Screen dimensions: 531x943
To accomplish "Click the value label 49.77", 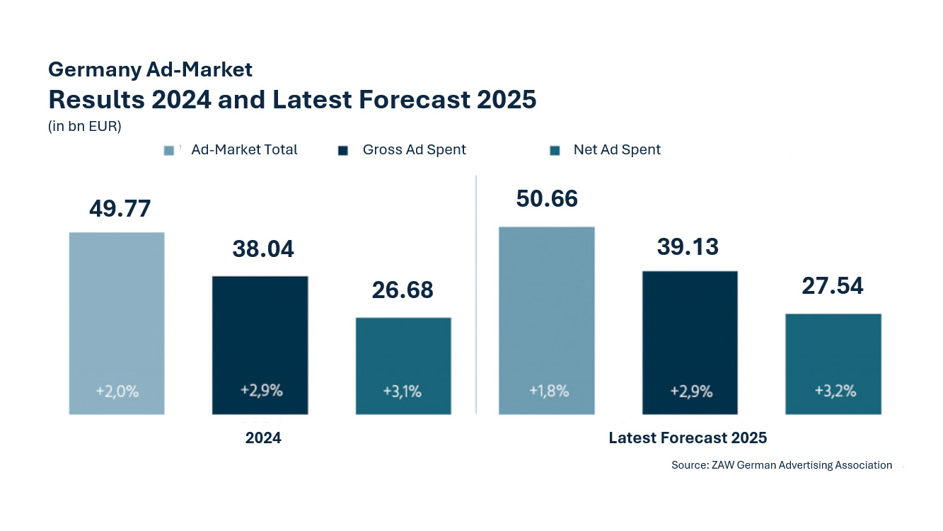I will tap(120, 209).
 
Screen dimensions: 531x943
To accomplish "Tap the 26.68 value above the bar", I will tap(403, 290).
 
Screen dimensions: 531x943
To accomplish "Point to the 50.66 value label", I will tap(547, 199).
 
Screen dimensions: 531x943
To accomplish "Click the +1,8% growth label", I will tap(549, 390).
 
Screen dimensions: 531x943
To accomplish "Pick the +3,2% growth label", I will tap(835, 390).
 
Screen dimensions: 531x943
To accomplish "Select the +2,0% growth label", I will tap(117, 390).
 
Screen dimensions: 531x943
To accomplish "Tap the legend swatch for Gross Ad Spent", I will tap(343, 150).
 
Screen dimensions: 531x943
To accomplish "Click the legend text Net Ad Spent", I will tap(617, 150).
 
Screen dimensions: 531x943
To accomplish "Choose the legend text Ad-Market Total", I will tap(244, 150).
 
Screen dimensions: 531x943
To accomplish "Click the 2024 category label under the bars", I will tap(263, 438).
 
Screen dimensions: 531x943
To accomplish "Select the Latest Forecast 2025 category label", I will tap(688, 438).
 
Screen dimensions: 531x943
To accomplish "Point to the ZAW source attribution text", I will tap(782, 465).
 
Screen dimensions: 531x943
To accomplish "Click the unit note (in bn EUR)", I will tap(85, 127).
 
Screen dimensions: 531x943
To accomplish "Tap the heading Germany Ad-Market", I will tap(150, 69).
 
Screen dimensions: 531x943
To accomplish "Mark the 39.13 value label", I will tap(688, 246).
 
